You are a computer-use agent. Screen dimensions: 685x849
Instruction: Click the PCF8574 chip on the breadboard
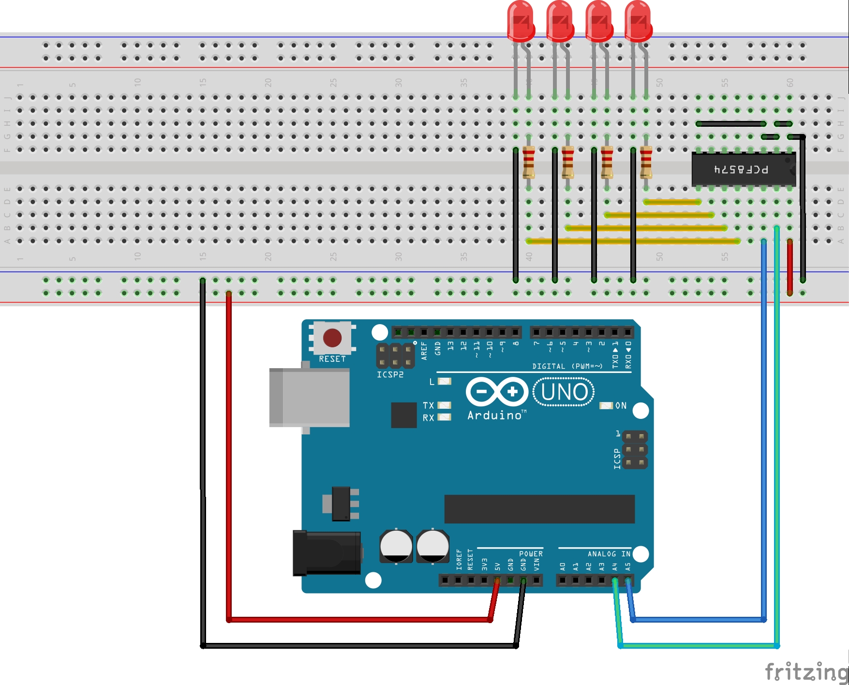743,169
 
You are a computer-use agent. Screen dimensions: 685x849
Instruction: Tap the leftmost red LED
521,22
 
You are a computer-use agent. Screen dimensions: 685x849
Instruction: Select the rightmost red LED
638,22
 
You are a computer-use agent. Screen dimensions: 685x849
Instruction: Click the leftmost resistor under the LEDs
528,162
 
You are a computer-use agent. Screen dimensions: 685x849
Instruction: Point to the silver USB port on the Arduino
310,397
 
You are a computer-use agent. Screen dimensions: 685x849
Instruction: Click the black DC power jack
327,553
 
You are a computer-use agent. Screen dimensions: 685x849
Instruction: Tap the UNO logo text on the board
564,392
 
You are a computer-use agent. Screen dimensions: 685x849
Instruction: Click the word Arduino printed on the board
494,416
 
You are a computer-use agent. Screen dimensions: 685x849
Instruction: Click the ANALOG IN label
609,554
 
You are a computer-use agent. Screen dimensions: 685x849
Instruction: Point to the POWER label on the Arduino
531,554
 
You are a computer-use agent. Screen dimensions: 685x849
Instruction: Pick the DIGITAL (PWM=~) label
567,366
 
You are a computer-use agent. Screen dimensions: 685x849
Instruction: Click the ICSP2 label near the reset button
390,374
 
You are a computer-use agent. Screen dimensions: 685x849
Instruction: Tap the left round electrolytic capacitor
396,546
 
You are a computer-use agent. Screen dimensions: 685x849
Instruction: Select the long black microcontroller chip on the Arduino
539,509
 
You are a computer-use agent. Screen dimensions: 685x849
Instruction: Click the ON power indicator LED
606,405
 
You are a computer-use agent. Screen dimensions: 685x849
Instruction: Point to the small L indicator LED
445,381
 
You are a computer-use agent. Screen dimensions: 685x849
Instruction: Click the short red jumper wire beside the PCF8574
789,267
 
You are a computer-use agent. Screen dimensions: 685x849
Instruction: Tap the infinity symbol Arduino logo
497,391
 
